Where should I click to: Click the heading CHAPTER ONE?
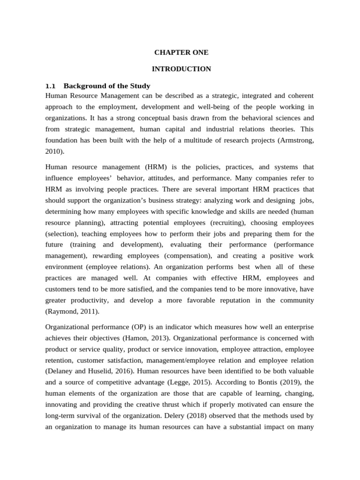[x=181, y=52]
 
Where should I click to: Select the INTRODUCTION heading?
[x=181, y=69]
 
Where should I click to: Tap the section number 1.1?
[x=50, y=86]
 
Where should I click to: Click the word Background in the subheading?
[x=82, y=86]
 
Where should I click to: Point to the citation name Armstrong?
[x=295, y=140]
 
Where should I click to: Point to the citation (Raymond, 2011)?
[x=72, y=311]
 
